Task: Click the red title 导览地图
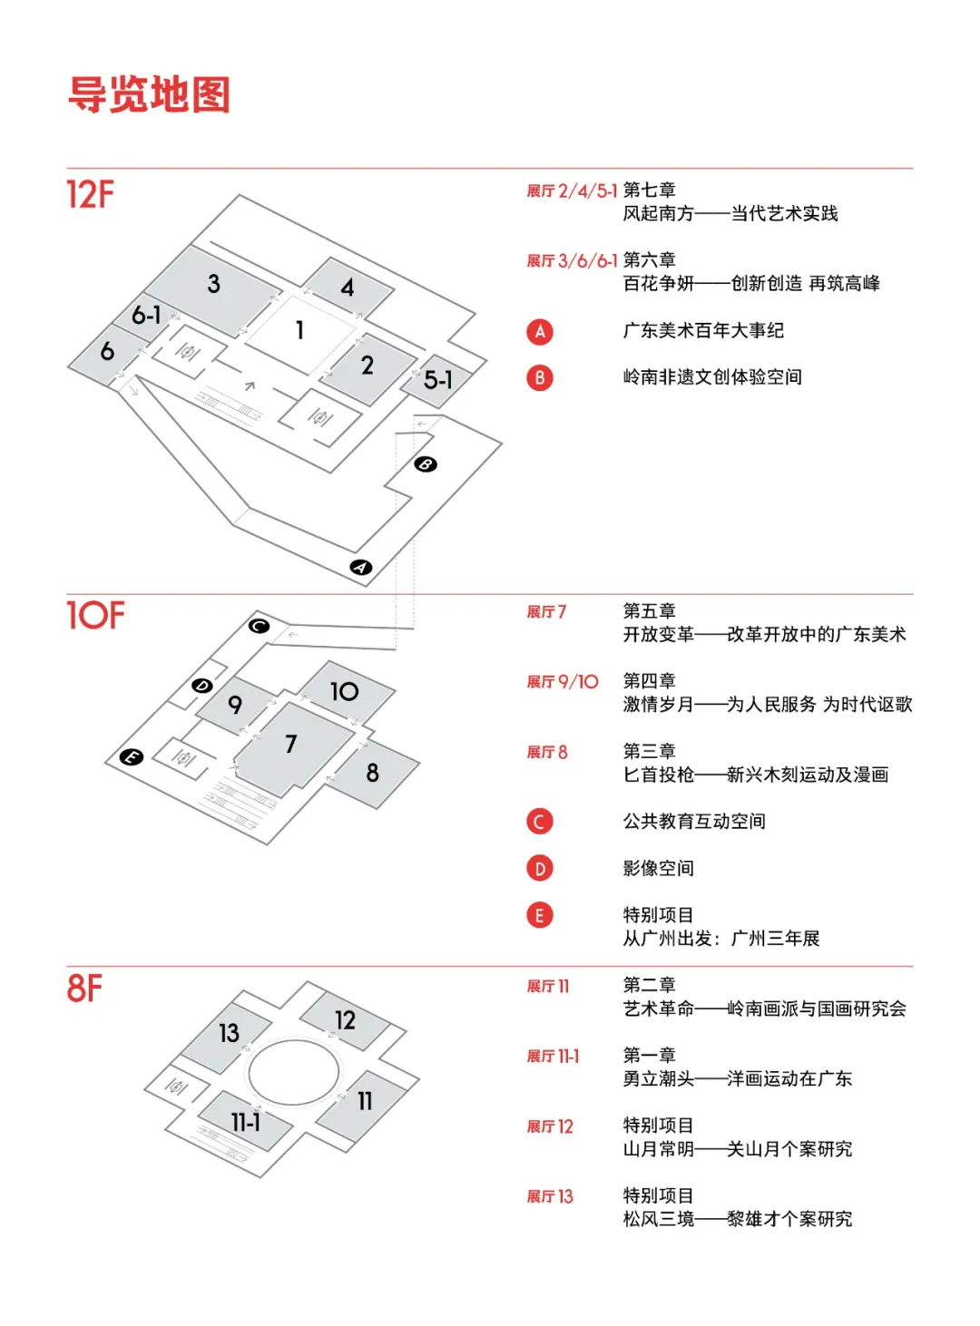coord(150,94)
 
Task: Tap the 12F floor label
coord(91,194)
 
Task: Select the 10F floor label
coord(95,615)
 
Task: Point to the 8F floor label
coord(84,988)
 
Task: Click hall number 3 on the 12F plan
coord(213,284)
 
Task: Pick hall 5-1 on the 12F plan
coord(437,380)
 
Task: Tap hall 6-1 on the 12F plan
coord(146,315)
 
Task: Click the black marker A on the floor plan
coord(361,568)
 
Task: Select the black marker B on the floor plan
coord(426,464)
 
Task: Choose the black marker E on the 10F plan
coord(132,756)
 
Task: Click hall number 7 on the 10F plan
coord(290,744)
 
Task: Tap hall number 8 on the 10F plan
coord(372,773)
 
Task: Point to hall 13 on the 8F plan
coord(229,1032)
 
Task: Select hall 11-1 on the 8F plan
coord(245,1122)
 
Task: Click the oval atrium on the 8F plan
coord(294,1072)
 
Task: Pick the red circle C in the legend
coord(539,822)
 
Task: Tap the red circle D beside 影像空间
coord(539,869)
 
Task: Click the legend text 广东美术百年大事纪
coord(703,331)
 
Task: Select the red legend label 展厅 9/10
coord(563,682)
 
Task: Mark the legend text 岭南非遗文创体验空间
coord(712,377)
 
